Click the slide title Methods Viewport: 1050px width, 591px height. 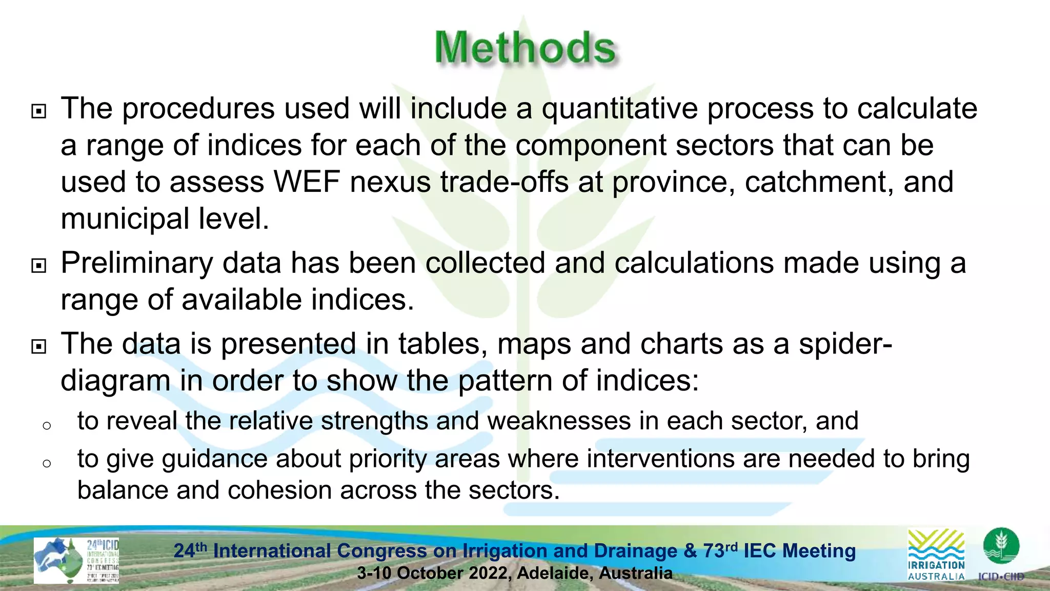tap(525, 48)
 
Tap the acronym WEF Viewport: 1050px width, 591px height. tap(307, 182)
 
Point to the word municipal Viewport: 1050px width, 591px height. tap(125, 219)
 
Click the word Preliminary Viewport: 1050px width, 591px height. tap(136, 263)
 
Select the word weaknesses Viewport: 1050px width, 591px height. tap(558, 421)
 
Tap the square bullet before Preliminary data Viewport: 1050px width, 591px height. tap(39, 266)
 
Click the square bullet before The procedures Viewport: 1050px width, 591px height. tap(39, 111)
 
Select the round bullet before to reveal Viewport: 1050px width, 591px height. tap(47, 426)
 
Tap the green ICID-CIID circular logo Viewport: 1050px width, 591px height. tap(1001, 547)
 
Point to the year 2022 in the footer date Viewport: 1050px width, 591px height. tap(489, 573)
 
